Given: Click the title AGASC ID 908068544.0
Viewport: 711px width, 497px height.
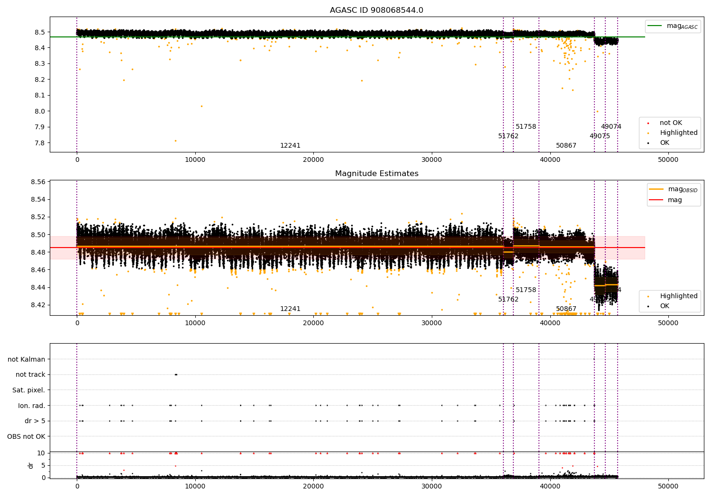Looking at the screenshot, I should click(376, 10).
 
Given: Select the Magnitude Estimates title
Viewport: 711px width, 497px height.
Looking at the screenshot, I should click(376, 174).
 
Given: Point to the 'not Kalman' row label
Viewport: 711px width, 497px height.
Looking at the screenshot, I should click(27, 359).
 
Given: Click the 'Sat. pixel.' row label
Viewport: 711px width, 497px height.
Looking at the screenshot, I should click(29, 390).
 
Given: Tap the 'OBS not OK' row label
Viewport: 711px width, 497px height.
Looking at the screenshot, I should click(27, 436).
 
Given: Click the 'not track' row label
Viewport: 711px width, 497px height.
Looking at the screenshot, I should click(30, 374).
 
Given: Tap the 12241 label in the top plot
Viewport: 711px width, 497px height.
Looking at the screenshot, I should click(290, 146).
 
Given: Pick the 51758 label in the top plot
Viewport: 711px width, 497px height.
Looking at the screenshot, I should click(526, 127).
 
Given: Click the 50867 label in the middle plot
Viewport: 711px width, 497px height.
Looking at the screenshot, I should click(566, 309).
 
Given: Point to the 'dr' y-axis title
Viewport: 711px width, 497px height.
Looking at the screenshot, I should click(31, 465).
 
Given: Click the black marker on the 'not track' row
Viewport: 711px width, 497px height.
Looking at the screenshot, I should click(176, 374).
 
